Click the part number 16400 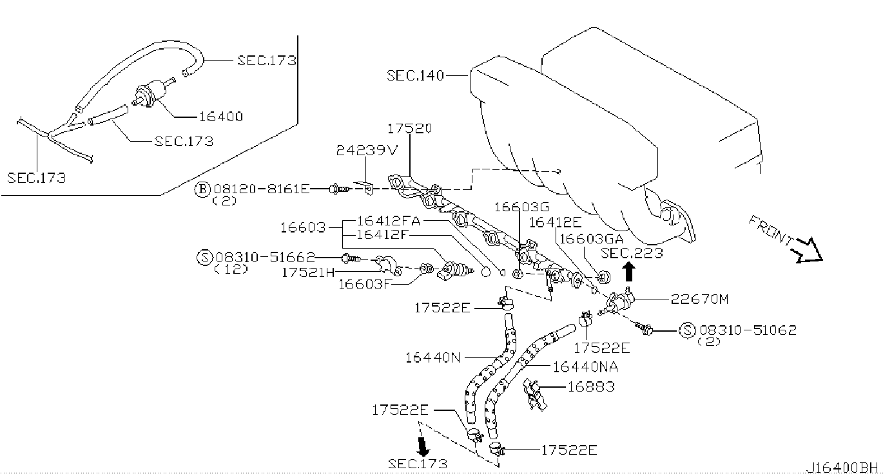[220, 117]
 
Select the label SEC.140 [415, 75]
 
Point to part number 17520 [410, 128]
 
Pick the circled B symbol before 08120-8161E [203, 189]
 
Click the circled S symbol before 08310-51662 [204, 257]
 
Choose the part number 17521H [308, 272]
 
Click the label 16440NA [585, 366]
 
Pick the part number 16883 [590, 386]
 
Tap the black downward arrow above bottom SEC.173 [423, 446]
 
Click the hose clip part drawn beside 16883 [534, 393]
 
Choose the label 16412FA [388, 221]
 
